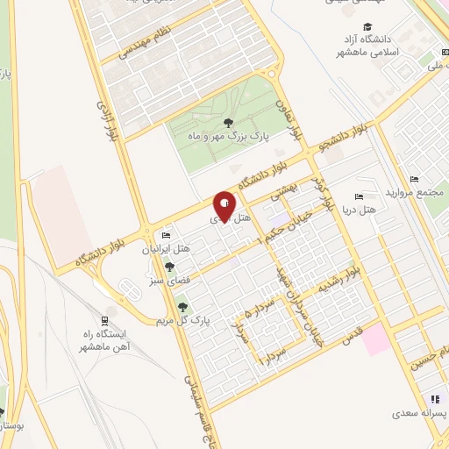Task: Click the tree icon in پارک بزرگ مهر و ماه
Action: point(229,123)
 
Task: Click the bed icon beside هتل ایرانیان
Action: point(167,234)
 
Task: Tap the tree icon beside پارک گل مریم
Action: point(182,307)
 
